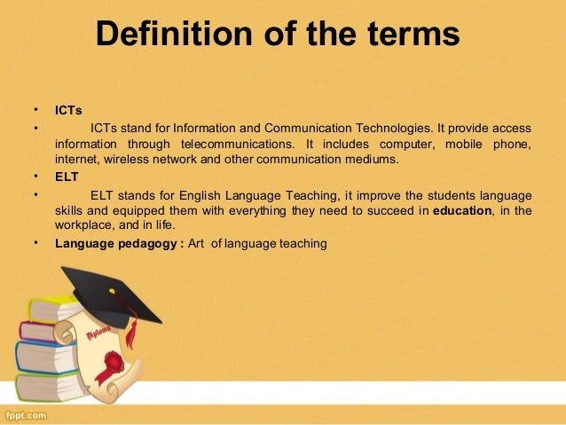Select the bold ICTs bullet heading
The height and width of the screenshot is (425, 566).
pos(68,111)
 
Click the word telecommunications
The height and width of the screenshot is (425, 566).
pos(237,144)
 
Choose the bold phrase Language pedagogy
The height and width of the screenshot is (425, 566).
pos(115,242)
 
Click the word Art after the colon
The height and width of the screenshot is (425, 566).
pos(198,242)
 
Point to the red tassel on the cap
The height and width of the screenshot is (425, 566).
pos(132,332)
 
